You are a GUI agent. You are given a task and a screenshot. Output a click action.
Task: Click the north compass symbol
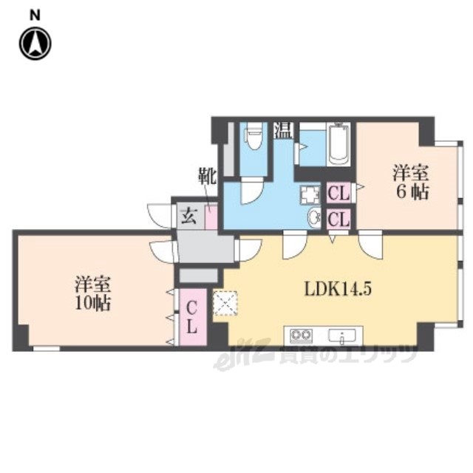tap(35, 44)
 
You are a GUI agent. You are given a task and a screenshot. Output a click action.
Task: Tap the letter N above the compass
tap(35, 15)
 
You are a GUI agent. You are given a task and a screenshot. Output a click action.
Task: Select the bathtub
tap(339, 144)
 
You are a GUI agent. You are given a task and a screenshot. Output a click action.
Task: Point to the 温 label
tap(283, 130)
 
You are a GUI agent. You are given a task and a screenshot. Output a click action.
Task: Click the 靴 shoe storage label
tap(207, 177)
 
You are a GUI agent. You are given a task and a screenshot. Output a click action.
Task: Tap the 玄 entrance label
tap(189, 217)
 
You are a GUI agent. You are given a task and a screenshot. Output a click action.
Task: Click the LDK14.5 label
tap(338, 289)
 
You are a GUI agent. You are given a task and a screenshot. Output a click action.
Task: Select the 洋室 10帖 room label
tap(93, 293)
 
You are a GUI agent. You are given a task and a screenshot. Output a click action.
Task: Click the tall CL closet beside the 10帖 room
tap(193, 317)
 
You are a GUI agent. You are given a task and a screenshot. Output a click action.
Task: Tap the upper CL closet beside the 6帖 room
tap(338, 193)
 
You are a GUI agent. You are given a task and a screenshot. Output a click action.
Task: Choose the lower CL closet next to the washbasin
tap(338, 219)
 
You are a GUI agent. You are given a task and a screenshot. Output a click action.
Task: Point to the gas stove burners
tap(301, 336)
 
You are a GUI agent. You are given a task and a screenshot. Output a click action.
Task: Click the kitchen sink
tap(341, 336)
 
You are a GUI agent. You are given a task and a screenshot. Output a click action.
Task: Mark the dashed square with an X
tap(225, 303)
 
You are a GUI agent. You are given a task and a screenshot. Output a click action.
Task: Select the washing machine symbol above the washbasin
tap(310, 194)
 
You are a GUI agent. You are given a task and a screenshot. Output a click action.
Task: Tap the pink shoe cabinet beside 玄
tap(211, 217)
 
